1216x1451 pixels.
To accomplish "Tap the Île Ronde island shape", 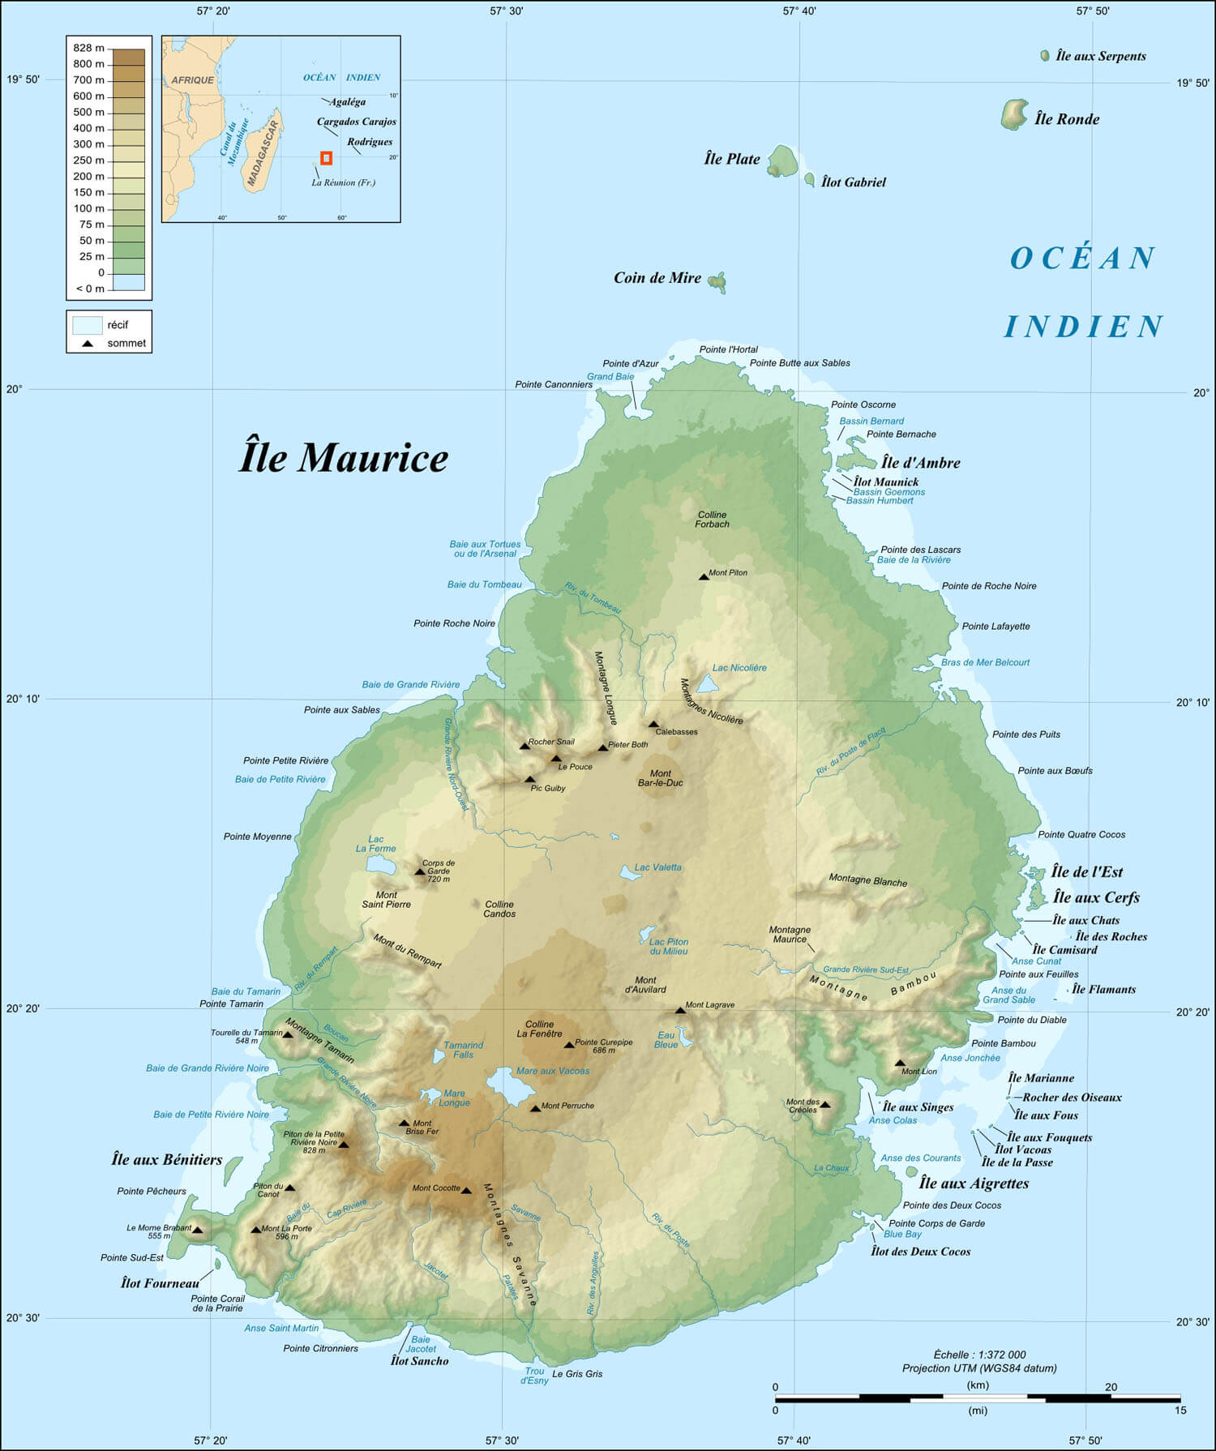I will [1013, 115].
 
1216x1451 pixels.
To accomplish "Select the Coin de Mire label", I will [657, 278].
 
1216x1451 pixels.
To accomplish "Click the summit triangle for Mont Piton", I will [704, 576].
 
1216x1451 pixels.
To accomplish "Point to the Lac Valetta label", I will [657, 867].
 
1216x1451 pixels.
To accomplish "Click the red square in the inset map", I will [326, 159].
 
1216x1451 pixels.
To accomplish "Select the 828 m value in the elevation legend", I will [88, 48].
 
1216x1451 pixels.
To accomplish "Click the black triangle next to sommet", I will [88, 344].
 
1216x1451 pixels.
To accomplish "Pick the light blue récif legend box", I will [87, 325].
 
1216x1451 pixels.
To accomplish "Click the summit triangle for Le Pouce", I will [556, 759].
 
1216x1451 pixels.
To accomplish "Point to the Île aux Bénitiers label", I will [166, 1160].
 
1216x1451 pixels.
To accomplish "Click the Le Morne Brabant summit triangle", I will [197, 1231].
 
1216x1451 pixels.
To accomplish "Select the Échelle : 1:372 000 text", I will [979, 1355].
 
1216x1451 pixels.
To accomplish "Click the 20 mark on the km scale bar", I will [1111, 1387].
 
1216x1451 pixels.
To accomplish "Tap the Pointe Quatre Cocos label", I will [1081, 834].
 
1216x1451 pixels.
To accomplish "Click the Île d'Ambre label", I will [920, 463].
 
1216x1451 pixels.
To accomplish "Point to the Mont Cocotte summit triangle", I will [466, 1191].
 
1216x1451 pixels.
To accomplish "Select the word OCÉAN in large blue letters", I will [1082, 259].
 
